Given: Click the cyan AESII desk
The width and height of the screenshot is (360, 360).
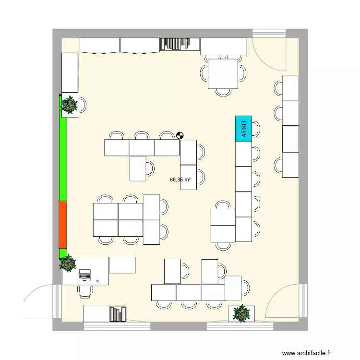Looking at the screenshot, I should (244, 129).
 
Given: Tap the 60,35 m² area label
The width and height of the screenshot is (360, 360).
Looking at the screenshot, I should (180, 180).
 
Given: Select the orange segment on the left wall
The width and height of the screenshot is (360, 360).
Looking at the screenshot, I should (63, 225).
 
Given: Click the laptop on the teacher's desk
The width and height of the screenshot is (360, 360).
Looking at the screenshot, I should (84, 275).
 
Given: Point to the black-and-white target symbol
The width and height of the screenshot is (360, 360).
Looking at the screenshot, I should (180, 136).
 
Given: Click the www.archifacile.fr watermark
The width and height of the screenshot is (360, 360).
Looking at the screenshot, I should (307, 353).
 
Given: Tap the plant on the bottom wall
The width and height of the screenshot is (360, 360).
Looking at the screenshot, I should (241, 313).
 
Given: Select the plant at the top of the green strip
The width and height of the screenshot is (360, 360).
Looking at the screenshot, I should (70, 105).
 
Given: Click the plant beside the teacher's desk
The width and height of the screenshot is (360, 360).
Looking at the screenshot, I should (68, 263).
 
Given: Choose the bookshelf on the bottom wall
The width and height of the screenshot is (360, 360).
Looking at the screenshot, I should (118, 314).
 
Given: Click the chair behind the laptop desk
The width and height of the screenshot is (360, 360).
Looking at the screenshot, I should (85, 291).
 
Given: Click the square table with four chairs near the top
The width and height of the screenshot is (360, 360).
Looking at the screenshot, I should (223, 73).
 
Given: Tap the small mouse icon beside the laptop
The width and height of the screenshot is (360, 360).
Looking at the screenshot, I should (98, 280).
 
